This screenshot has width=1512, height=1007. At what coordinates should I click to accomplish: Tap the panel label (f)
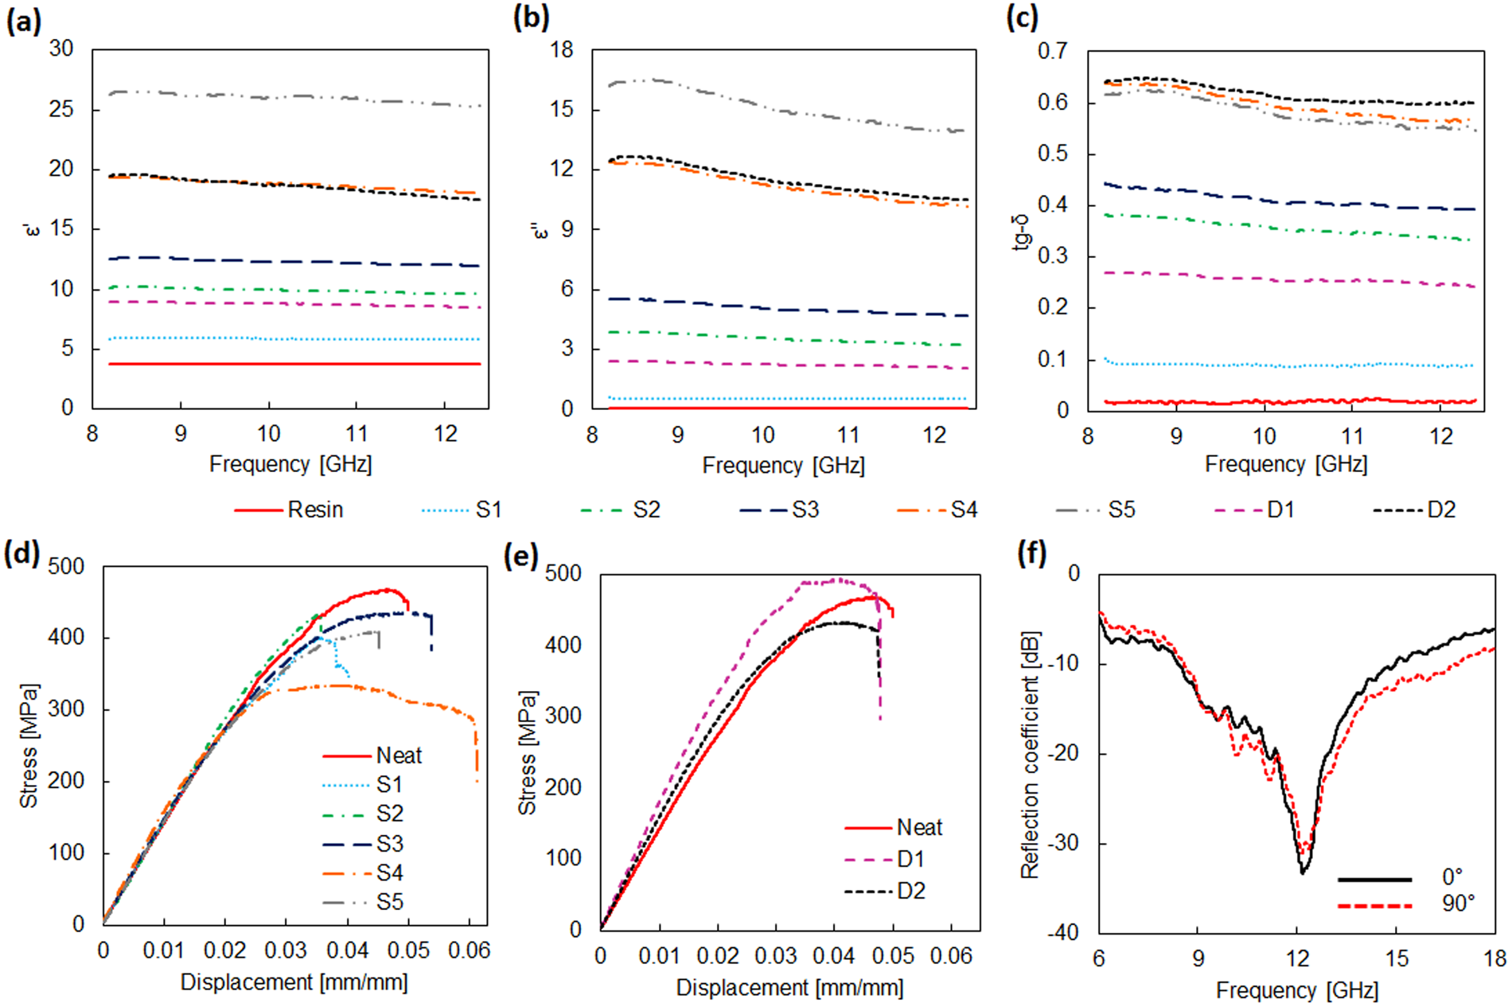click(x=1032, y=552)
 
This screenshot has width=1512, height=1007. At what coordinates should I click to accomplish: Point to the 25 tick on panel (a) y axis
click(x=61, y=109)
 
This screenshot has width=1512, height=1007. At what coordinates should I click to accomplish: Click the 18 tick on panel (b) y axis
click(x=561, y=50)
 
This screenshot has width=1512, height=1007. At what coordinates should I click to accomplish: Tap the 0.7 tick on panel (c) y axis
click(x=1052, y=51)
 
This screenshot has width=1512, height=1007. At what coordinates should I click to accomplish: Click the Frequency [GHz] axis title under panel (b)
click(x=783, y=465)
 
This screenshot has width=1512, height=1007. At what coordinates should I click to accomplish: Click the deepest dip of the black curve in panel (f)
click(x=1302, y=873)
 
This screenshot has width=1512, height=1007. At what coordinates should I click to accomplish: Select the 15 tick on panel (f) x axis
click(x=1397, y=958)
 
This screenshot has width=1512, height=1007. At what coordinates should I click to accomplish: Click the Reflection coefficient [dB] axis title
click(x=1031, y=755)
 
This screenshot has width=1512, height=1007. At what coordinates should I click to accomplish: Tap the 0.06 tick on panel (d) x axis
click(x=469, y=950)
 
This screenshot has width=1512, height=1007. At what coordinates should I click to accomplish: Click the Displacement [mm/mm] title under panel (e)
click(x=789, y=988)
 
